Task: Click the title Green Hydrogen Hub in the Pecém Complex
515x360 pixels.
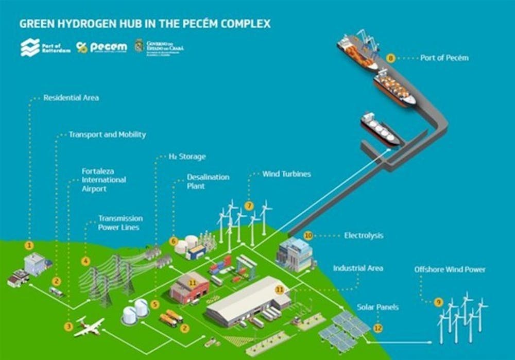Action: tap(145, 24)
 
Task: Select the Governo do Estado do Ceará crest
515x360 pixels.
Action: tap(139, 46)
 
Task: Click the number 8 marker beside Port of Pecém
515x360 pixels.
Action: tap(391, 58)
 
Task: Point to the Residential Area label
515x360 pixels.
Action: tap(71, 97)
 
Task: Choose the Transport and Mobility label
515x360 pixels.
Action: tap(107, 134)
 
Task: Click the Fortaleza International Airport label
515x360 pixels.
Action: tap(104, 180)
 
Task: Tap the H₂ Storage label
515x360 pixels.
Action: tap(187, 157)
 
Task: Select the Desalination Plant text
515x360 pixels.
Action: tap(208, 181)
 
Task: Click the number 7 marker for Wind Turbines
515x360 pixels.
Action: tap(249, 206)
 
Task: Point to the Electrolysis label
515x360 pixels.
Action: tap(364, 236)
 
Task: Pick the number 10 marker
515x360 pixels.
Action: tap(308, 236)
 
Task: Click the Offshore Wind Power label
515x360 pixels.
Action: tap(450, 269)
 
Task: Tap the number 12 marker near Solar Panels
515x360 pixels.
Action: tap(378, 327)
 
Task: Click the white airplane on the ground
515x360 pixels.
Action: tap(89, 327)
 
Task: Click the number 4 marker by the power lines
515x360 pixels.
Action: tap(85, 261)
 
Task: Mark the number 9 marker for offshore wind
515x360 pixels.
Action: tap(438, 302)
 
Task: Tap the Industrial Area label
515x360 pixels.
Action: tap(358, 268)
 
